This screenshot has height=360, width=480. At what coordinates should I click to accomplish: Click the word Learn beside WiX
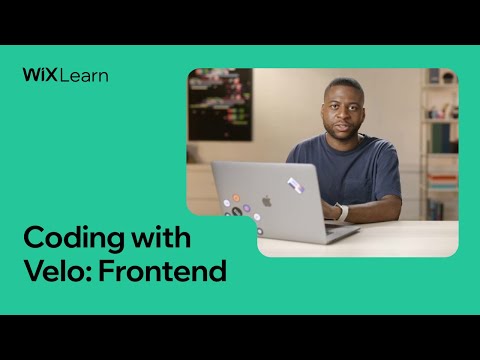[x=83, y=74]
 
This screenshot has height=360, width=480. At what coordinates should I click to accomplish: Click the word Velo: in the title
[x=54, y=270]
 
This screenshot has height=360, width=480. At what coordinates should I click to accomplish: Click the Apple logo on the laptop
[x=267, y=200]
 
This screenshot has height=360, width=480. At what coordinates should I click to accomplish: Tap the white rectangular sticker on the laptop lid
[x=295, y=185]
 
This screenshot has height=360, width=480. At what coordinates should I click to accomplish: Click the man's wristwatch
[x=341, y=212]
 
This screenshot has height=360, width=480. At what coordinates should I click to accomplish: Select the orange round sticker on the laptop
[x=236, y=198]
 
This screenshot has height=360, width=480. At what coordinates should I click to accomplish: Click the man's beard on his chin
[x=344, y=133]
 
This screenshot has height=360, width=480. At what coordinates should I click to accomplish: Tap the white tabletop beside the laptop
[x=410, y=235]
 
